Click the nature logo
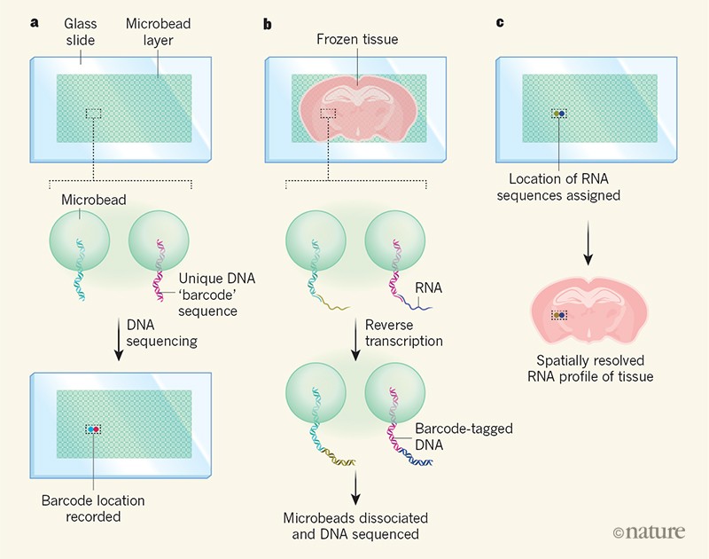pos(649,531)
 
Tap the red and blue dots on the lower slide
pos(93,429)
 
